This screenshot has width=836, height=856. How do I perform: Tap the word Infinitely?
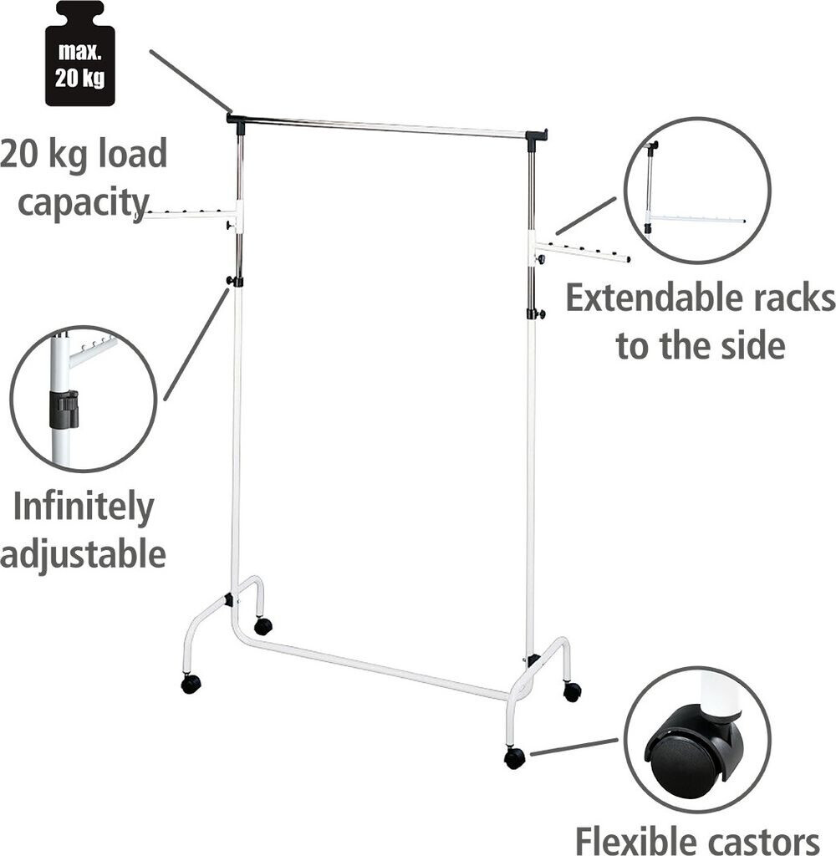84,507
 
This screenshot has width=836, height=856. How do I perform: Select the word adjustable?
83,554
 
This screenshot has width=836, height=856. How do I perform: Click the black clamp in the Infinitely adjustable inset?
64,409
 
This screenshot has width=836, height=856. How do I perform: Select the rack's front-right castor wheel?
514,757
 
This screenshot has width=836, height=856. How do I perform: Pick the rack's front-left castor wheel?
191,684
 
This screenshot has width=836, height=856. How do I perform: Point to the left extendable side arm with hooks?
188,215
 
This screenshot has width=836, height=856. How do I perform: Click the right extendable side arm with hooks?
583,252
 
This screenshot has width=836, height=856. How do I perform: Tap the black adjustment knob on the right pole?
535,314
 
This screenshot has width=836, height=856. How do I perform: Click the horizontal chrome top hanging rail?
385,127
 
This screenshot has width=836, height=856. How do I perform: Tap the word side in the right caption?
749,345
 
